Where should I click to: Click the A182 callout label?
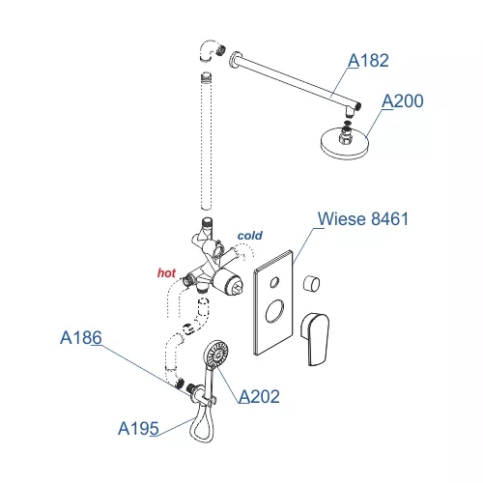click(368, 61)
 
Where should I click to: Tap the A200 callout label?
click(403, 101)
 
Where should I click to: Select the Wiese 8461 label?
click(363, 219)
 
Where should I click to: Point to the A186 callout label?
click(81, 338)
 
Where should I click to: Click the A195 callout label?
click(138, 429)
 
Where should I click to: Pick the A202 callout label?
click(259, 396)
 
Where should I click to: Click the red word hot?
click(166, 273)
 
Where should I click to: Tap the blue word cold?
click(250, 236)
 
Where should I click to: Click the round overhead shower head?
click(344, 144)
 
